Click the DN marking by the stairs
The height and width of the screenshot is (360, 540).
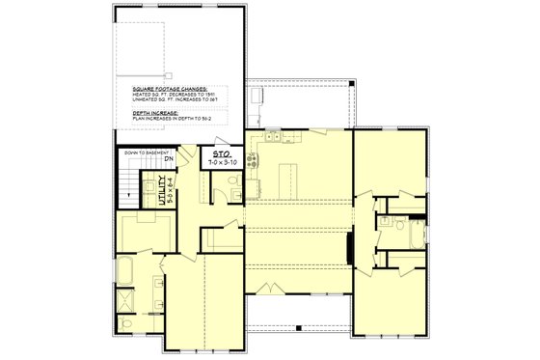pos(195,158)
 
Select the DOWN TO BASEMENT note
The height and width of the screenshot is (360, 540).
pos(147,152)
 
